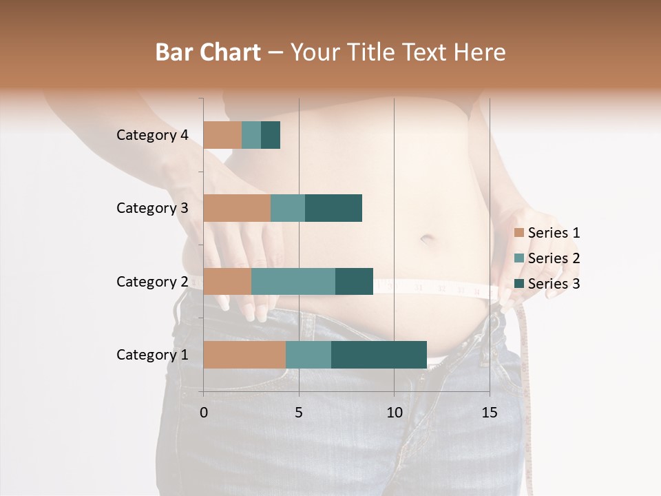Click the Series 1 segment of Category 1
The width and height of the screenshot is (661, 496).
point(244,355)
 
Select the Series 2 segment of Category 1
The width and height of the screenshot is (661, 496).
point(308,355)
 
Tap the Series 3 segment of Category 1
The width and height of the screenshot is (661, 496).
point(379,355)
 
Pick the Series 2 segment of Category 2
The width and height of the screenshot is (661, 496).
point(293,281)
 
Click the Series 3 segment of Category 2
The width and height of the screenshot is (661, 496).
point(354,281)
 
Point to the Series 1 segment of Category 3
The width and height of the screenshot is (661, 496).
point(237,208)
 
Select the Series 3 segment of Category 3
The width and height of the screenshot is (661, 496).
point(333,208)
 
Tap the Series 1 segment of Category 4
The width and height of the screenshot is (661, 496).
point(222,135)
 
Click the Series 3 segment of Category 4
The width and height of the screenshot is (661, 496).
point(271,135)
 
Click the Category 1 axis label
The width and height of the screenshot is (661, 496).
point(152,355)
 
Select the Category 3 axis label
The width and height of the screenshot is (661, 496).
point(152,208)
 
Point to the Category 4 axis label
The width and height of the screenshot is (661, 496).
point(152,135)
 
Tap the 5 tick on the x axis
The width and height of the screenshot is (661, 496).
point(299,413)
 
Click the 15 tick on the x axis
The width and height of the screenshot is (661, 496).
point(490,413)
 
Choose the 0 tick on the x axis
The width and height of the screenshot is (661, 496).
point(204,413)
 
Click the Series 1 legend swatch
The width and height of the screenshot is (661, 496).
point(519,233)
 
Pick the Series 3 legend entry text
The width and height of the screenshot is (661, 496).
point(554,284)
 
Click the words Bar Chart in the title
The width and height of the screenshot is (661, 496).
point(208,52)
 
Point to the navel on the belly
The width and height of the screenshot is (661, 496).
point(428,239)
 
